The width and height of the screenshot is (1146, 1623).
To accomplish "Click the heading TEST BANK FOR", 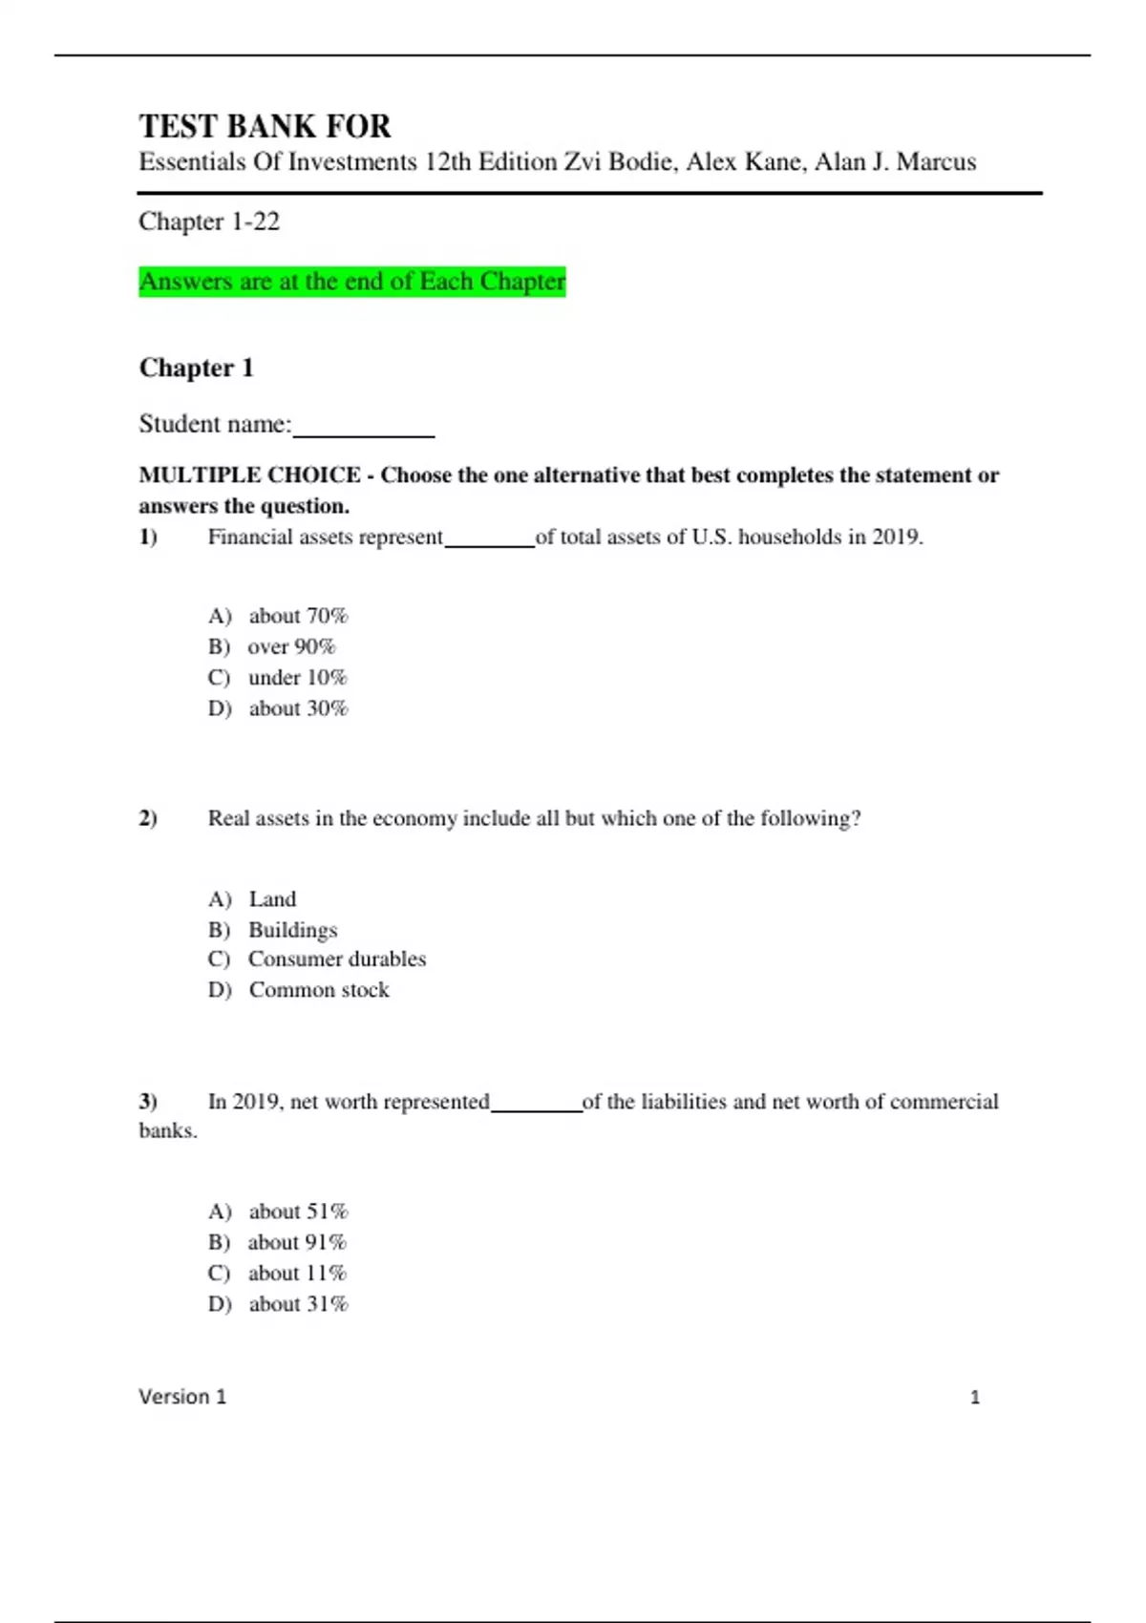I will click(265, 126).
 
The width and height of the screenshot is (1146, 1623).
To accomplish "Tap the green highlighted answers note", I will click(351, 282).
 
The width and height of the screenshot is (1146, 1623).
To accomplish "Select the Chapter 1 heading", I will click(196, 368).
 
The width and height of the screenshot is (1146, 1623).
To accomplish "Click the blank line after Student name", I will click(363, 427).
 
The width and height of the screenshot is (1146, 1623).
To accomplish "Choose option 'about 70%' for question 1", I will click(298, 616).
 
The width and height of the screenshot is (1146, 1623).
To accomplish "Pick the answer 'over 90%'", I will click(291, 646).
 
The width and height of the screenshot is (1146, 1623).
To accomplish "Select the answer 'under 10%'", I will click(297, 678).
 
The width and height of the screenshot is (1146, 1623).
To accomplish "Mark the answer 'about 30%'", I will click(298, 708).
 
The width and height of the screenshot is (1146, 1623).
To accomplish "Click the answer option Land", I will click(272, 899).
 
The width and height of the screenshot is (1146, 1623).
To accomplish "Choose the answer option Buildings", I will click(292, 930).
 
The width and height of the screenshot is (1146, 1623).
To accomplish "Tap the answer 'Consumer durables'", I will click(336, 959).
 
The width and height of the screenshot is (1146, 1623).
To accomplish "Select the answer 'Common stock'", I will click(319, 990).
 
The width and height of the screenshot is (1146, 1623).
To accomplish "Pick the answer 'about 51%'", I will click(298, 1212).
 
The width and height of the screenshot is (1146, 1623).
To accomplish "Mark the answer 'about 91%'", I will click(297, 1242).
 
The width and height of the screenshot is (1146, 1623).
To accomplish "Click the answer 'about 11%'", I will click(297, 1274).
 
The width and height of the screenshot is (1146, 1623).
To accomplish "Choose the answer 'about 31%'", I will click(298, 1304).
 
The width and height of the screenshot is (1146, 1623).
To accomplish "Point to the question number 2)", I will click(148, 818).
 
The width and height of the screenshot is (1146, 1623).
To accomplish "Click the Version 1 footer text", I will click(182, 1397).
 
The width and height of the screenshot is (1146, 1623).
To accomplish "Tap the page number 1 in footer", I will click(974, 1398).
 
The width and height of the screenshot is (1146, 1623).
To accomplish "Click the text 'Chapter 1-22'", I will click(209, 221).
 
